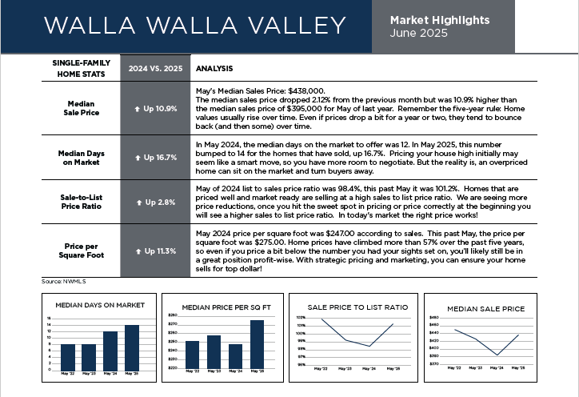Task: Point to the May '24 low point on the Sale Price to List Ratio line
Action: (x=368, y=346)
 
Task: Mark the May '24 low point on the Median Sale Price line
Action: (x=497, y=355)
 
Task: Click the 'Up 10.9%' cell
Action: (x=156, y=108)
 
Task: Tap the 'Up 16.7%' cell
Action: (x=156, y=157)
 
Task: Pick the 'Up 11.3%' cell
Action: (x=156, y=251)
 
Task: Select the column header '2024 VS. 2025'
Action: (x=155, y=68)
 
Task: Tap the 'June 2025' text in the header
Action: (x=420, y=34)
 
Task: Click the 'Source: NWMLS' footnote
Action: (x=63, y=283)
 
